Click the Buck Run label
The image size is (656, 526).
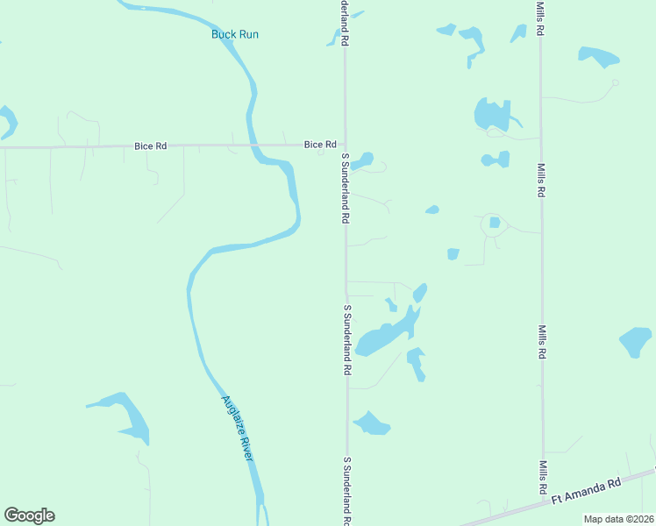[235, 34]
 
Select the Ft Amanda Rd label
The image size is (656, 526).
[586, 489]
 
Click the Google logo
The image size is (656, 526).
[29, 515]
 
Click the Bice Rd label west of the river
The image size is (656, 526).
[150, 146]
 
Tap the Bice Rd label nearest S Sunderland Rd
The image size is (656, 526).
[320, 145]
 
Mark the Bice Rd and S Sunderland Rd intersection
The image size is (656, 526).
[345, 146]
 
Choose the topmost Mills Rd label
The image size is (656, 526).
[541, 18]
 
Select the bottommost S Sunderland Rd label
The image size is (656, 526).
[347, 491]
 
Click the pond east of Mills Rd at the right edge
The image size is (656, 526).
[636, 341]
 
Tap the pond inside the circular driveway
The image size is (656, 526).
[495, 223]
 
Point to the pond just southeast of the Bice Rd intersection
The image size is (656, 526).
[362, 160]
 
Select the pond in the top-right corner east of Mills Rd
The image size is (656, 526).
[599, 58]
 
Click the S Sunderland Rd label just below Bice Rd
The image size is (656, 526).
[346, 188]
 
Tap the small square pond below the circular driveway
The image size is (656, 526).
[453, 254]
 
